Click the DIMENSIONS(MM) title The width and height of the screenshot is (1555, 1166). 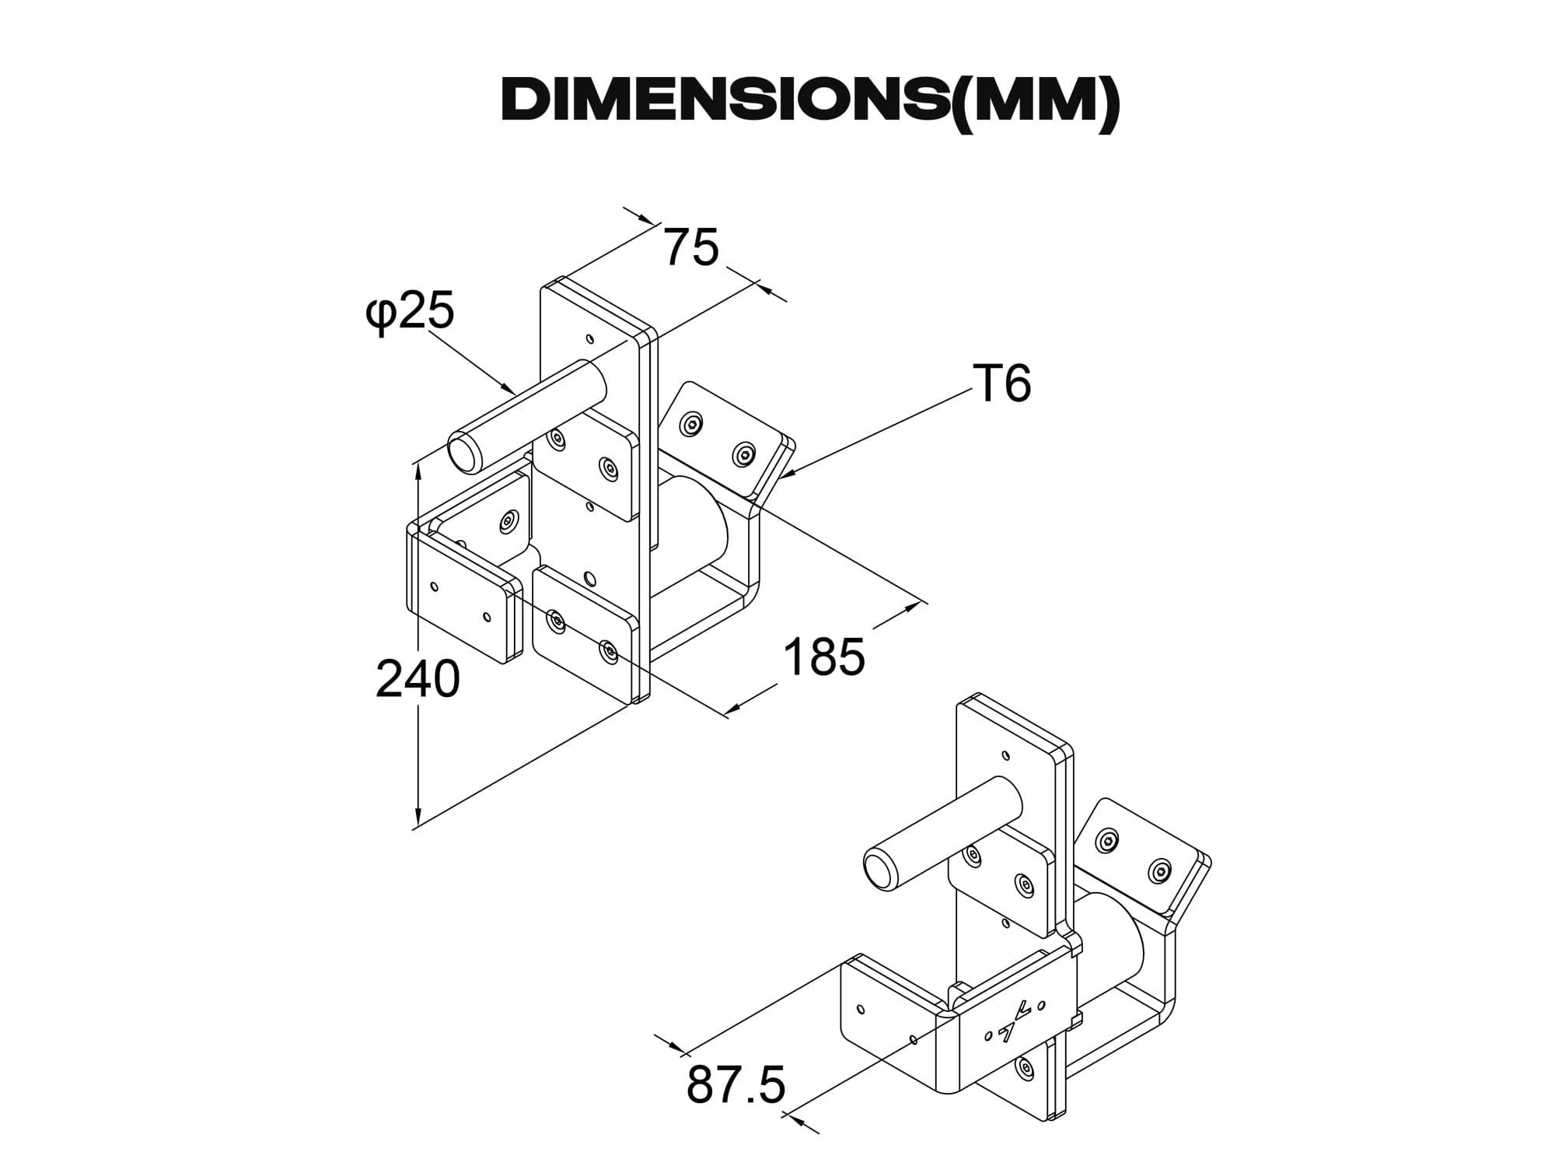coord(810,101)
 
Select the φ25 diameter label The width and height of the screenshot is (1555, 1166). coord(410,312)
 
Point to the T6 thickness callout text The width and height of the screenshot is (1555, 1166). coord(1001,383)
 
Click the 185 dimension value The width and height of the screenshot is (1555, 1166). coord(823,657)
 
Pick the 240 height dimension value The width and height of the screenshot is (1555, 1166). coord(418,679)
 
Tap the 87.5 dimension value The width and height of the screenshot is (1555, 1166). coord(736,1085)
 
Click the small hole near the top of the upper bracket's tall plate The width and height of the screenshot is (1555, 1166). coord(590,339)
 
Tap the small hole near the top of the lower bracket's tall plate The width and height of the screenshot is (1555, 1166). coord(1006,755)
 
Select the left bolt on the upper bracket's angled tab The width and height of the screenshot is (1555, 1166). coord(691,423)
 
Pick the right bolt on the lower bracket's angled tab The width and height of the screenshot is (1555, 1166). coord(1160,871)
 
